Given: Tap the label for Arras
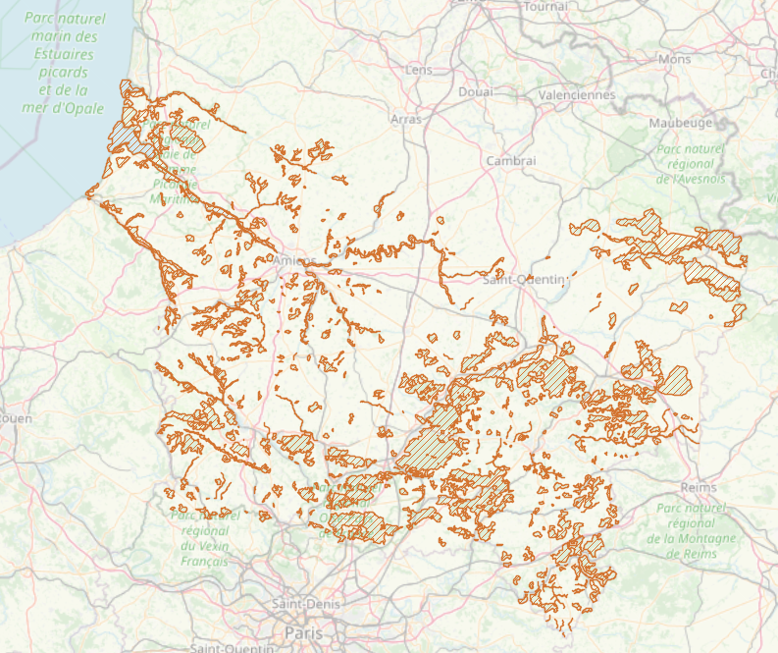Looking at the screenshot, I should click(x=405, y=119).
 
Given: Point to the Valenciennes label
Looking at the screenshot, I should click(x=576, y=95).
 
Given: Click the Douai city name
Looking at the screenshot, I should click(x=476, y=91).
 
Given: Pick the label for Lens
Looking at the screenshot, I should click(x=418, y=70).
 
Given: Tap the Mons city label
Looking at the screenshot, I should click(x=674, y=59).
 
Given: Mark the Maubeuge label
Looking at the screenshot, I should click(x=680, y=123).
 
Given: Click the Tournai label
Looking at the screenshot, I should click(x=546, y=7).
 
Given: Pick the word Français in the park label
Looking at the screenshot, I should click(x=204, y=561).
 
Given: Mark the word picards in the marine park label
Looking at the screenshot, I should click(x=65, y=73).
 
